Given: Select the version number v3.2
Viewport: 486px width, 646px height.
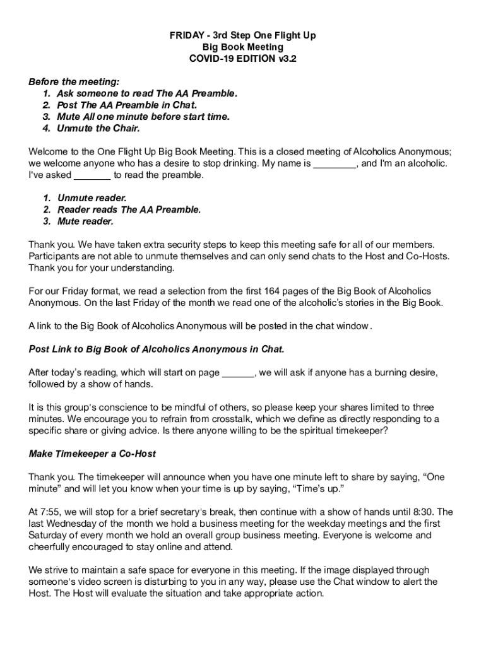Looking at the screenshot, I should tap(283, 59).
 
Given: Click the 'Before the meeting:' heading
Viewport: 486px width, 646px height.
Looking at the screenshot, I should tap(74, 83).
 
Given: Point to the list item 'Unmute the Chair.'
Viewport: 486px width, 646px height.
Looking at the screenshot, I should tap(98, 128).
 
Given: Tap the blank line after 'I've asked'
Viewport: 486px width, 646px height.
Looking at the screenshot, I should tap(93, 175).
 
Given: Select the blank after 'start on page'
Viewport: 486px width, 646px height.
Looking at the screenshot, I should tap(238, 373).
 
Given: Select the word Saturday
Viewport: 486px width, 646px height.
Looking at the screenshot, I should tap(49, 535).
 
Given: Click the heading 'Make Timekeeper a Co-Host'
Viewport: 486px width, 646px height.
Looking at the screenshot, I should tap(92, 454).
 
